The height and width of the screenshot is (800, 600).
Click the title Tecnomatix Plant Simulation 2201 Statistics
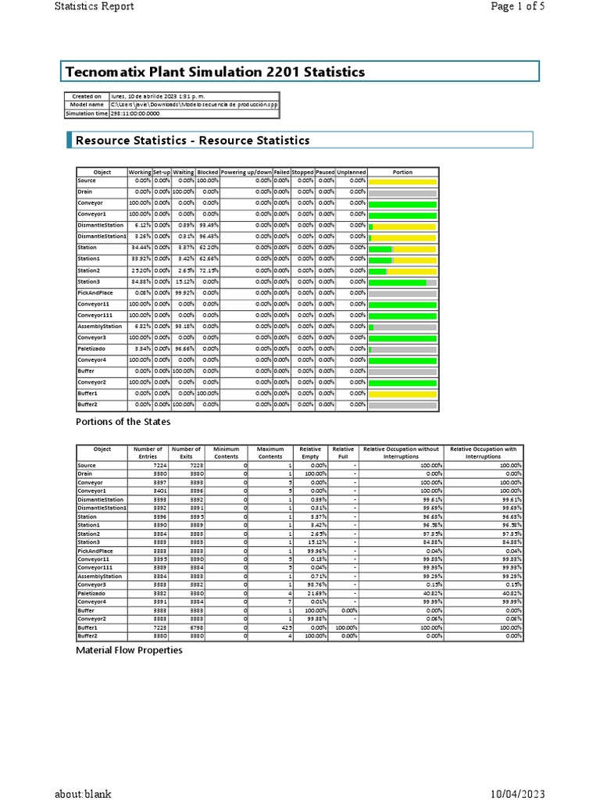[214, 72]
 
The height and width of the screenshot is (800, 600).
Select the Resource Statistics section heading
[192, 141]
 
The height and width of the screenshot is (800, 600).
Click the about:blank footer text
[83, 793]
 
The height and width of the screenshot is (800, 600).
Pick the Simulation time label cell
[86, 113]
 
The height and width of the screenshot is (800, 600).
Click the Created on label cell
[86, 96]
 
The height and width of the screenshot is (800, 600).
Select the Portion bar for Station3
[402, 282]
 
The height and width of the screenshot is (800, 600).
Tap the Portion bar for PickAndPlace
[402, 293]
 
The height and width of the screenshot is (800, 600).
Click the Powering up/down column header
[246, 172]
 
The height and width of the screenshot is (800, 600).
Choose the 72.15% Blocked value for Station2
[209, 270]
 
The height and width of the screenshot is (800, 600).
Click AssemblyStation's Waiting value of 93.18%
[184, 327]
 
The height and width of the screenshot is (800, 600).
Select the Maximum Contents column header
[270, 453]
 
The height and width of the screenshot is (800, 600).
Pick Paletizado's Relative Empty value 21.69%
[316, 594]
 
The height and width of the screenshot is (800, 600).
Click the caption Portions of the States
[123, 422]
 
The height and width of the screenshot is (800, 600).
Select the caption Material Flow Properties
[129, 650]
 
